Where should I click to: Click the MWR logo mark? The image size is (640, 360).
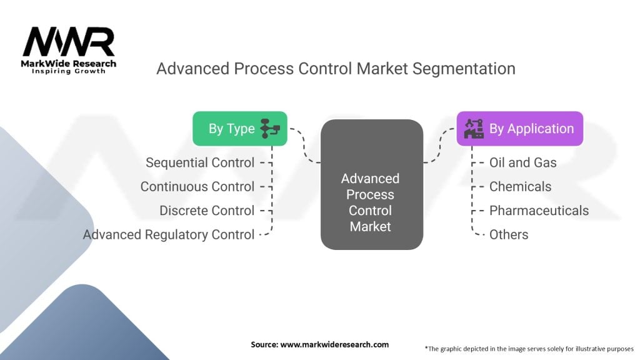pos(69,42)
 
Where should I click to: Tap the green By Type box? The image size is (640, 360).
pos(240,129)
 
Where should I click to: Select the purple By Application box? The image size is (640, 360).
pos(519,129)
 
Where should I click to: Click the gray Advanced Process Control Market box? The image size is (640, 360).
pos(371,184)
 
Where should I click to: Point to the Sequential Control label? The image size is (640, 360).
pos(200,162)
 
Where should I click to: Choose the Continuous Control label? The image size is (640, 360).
pos(197,186)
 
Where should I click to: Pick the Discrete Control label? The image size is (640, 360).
pos(207,211)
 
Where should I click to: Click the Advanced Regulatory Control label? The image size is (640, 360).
pos(169,235)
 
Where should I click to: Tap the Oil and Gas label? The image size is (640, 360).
pos(523,162)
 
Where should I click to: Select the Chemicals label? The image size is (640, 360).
pos(521,186)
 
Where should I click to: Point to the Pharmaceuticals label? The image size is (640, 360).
pos(539,211)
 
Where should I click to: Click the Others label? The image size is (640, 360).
pos(509,235)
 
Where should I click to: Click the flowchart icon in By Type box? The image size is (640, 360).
pos(270,129)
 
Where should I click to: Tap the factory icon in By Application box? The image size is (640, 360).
pos(474,129)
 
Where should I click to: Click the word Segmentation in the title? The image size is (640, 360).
pos(464,69)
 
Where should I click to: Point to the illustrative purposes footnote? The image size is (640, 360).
pos(529,349)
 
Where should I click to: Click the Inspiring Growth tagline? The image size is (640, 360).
pos(69,71)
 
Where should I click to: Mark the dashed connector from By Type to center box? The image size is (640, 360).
pos(304,146)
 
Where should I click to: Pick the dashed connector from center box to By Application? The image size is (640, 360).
pos(439,146)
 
